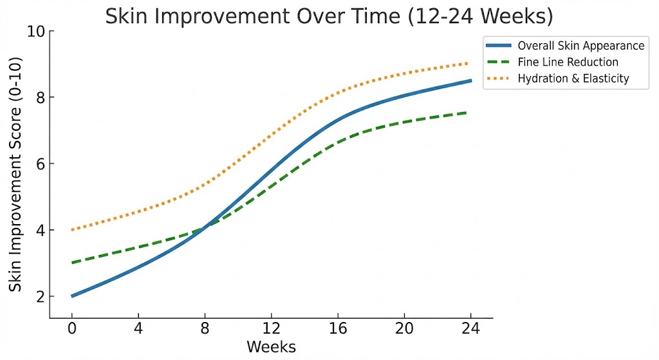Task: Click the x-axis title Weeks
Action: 271,347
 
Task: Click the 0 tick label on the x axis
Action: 71,327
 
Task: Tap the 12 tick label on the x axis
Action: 271,327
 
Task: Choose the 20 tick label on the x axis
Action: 404,327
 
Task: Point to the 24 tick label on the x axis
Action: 470,327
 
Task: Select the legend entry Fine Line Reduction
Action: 568,62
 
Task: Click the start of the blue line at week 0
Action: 72,296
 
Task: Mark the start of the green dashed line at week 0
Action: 72,263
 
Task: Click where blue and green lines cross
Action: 205,229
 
